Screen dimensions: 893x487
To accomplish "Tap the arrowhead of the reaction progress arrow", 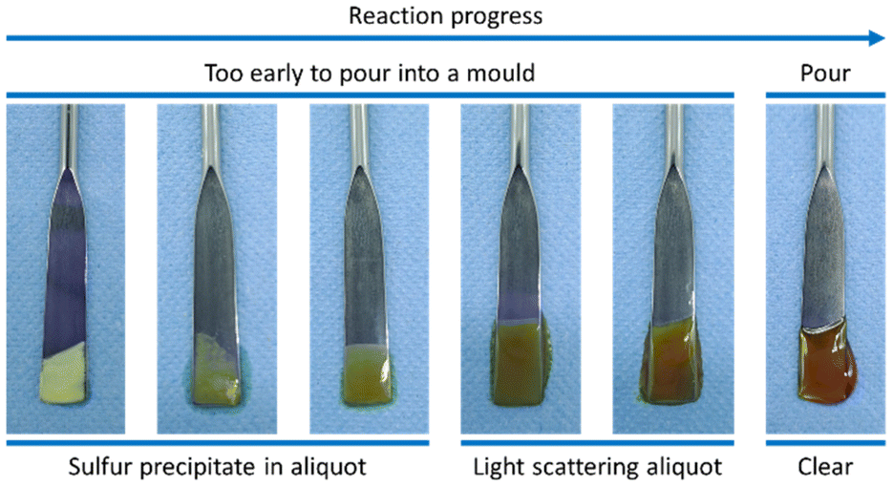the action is coord(876,38).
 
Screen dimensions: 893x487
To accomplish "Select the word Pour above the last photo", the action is coord(825,73).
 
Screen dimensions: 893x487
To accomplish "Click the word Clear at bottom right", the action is coord(825,467).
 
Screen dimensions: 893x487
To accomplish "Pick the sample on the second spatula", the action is coord(218,371).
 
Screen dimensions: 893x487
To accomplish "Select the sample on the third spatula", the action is coord(368,374).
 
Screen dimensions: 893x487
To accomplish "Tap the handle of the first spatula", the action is coord(69,137).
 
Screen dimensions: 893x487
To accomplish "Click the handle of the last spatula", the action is coord(825,136).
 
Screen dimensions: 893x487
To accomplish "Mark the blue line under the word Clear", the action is coord(825,442).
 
